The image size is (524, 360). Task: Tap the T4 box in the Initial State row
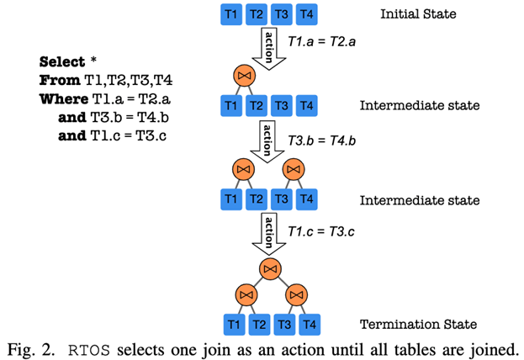coord(307,13)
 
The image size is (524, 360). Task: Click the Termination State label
coord(418,324)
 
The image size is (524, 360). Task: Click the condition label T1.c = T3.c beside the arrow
coord(317,230)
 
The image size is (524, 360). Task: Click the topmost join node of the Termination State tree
coord(270,269)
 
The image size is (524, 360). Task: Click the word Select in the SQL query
coord(62,62)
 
